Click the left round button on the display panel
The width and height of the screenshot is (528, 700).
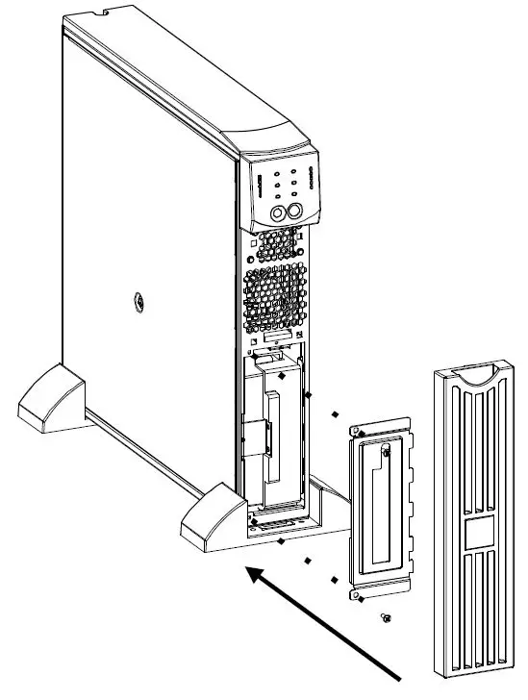(x=280, y=213)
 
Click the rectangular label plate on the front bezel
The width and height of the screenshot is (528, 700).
(x=477, y=535)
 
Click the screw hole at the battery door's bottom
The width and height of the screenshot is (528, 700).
(x=359, y=597)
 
